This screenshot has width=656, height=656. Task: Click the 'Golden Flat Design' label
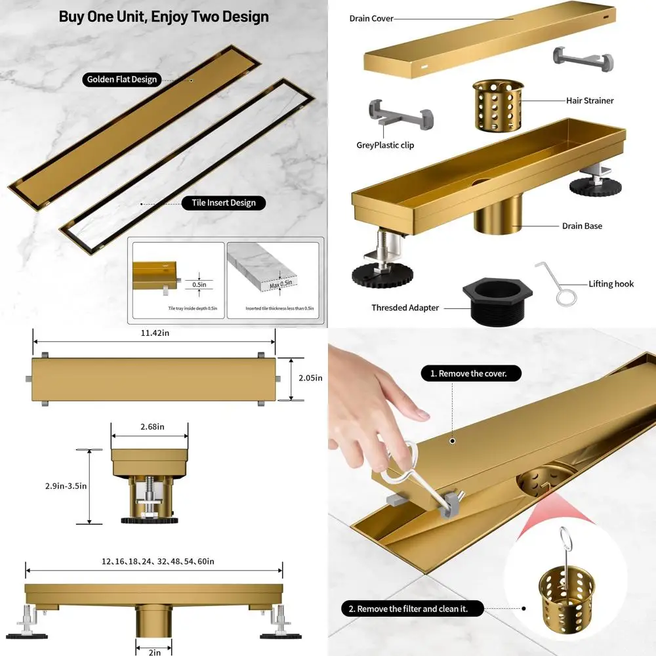(123, 79)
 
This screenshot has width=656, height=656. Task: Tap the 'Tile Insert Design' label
(224, 203)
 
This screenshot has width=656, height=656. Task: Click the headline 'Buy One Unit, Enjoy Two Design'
(164, 16)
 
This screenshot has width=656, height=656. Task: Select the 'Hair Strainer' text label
(590, 100)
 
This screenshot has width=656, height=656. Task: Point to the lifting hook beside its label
(555, 283)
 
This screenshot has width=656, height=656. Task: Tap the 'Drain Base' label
(582, 226)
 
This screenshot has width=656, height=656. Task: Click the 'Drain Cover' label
(371, 18)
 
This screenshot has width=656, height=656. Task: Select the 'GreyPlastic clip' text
(385, 145)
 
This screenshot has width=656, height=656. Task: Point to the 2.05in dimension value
(310, 378)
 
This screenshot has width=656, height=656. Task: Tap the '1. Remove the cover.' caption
(472, 374)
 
